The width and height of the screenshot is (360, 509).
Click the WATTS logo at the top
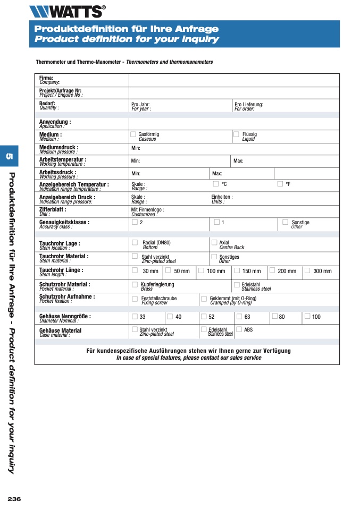click(x=67, y=11)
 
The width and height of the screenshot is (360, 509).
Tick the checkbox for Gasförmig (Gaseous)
click(x=133, y=134)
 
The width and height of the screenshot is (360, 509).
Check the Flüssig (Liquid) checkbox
click(x=236, y=134)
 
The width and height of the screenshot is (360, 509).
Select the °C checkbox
click(x=216, y=184)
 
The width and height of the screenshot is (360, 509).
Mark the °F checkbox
click(x=280, y=184)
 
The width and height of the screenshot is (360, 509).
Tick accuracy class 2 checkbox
click(x=135, y=222)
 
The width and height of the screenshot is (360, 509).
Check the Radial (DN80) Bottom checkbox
click(x=135, y=243)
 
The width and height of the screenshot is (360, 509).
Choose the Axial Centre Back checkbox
click(x=214, y=243)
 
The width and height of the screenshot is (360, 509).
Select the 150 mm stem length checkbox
click(x=237, y=270)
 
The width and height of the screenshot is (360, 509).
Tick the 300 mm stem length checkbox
click(x=307, y=270)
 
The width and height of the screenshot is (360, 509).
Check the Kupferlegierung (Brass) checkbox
click(x=135, y=285)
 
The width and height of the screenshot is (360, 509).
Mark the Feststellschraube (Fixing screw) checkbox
click(x=135, y=299)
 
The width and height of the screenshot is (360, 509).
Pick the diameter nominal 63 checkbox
click(x=239, y=316)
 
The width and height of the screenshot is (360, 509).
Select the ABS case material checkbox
click(x=239, y=329)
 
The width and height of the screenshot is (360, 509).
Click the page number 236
click(x=14, y=498)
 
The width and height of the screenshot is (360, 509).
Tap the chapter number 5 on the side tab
click(x=9, y=156)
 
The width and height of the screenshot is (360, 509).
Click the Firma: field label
click(x=46, y=78)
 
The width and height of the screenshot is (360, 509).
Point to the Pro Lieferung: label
click(x=249, y=105)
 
